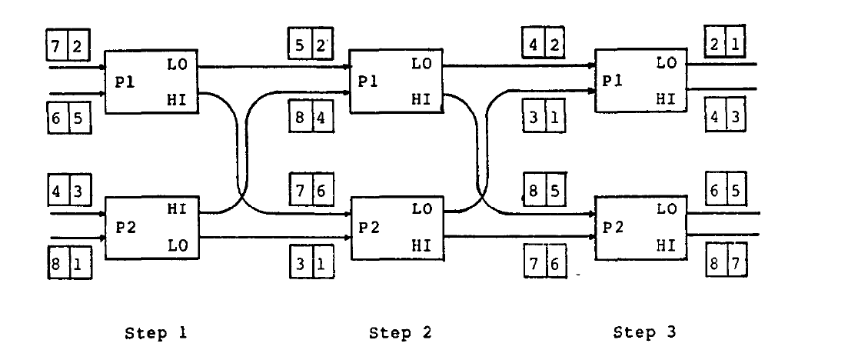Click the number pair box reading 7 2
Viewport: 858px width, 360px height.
(x=68, y=47)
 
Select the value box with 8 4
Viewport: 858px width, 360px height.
(x=312, y=120)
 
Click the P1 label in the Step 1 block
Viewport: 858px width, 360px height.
(x=125, y=82)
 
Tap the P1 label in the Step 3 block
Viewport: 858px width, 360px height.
(x=613, y=79)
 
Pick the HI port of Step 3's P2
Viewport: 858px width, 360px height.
(x=667, y=245)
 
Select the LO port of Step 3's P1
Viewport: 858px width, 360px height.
(x=667, y=64)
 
